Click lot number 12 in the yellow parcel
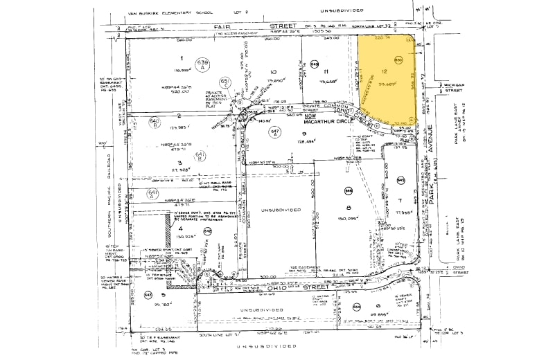point(383,72)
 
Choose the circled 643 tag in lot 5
point(147,294)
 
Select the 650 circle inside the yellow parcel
point(398,60)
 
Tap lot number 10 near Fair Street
point(273,71)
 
